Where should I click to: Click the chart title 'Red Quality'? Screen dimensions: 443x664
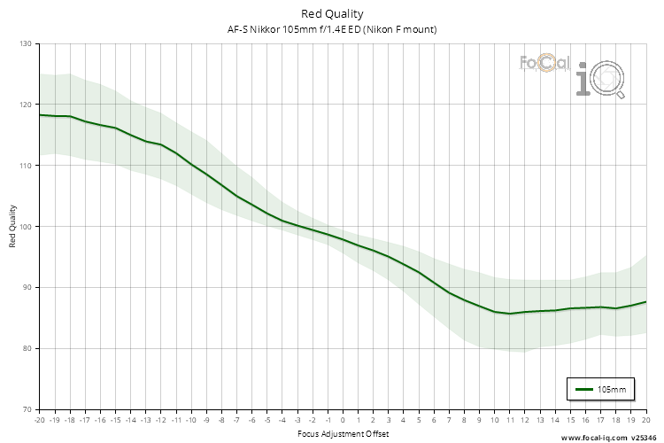click(x=332, y=13)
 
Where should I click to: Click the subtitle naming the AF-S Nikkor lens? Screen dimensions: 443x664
click(x=332, y=29)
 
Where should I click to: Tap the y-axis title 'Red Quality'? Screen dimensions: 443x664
click(x=13, y=226)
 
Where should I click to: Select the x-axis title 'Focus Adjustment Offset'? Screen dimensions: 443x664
click(x=342, y=434)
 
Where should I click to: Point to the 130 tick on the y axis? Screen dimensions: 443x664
click(x=24, y=43)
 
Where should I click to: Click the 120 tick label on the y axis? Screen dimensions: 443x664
click(x=24, y=105)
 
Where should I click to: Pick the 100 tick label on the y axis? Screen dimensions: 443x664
click(x=24, y=227)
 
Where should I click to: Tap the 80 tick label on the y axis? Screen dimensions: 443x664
click(x=26, y=348)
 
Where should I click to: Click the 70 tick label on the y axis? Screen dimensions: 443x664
click(x=26, y=409)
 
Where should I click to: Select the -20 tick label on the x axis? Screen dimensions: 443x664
click(x=38, y=420)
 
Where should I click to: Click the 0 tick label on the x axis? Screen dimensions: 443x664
click(x=343, y=420)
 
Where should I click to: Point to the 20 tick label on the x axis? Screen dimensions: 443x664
click(x=645, y=420)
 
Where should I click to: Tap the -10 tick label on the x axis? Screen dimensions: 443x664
click(x=190, y=420)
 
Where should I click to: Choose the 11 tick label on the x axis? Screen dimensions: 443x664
click(x=510, y=420)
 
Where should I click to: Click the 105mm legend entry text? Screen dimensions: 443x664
click(x=612, y=389)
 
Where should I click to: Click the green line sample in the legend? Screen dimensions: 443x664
click(x=583, y=389)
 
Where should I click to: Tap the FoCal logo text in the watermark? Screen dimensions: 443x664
click(x=544, y=64)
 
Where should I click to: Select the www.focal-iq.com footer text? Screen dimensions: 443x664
click(x=592, y=438)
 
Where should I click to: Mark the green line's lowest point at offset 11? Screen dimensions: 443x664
click(x=510, y=314)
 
